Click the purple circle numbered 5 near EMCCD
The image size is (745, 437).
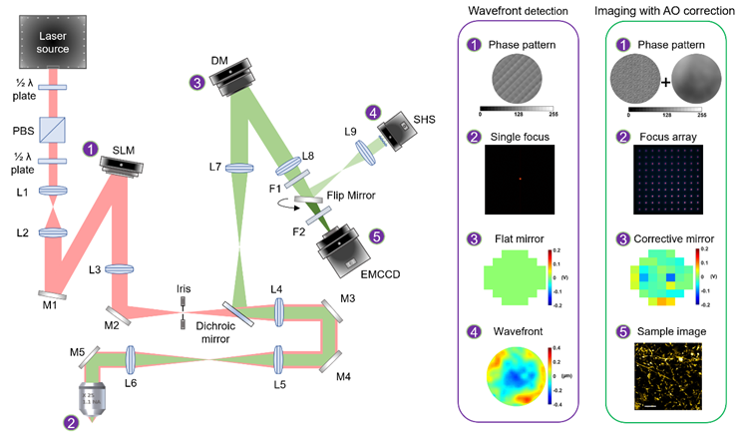point(375,236)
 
